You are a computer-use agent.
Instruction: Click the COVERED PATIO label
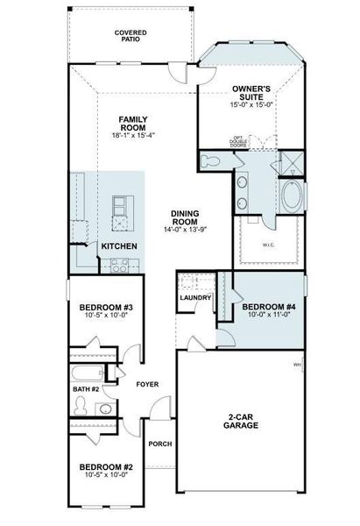[x=131, y=35]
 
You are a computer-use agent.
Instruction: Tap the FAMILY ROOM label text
[x=132, y=123]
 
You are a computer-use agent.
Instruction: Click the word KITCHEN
[x=118, y=247]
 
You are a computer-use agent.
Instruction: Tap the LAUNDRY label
[x=195, y=298]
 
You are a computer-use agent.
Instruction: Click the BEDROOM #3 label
[x=105, y=308]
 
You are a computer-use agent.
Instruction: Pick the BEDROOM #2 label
[x=105, y=466]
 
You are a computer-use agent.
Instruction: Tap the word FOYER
[x=147, y=384]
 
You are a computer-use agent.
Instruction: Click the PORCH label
[x=159, y=444]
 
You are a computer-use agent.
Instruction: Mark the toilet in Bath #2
[x=81, y=405]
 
